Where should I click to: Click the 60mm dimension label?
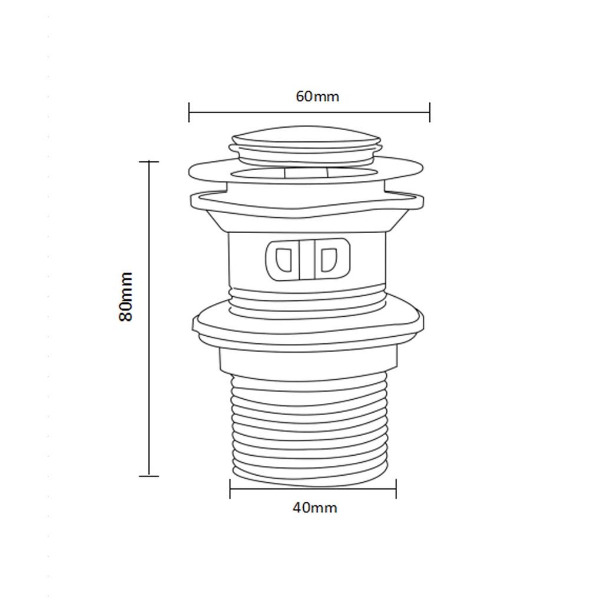[317, 96]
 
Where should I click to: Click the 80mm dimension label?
[126, 297]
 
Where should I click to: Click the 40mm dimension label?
[315, 508]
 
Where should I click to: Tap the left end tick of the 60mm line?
[189, 112]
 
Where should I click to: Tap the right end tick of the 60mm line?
[429, 112]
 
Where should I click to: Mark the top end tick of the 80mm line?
[149, 162]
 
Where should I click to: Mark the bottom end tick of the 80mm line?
[149, 476]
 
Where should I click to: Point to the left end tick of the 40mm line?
[230, 489]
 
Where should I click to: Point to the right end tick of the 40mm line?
[396, 489]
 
